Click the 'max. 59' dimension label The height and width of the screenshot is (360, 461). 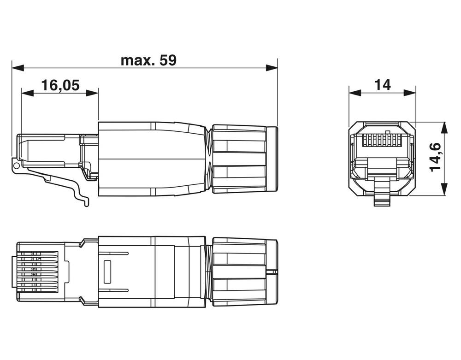click(148, 60)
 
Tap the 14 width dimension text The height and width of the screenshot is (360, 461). click(382, 85)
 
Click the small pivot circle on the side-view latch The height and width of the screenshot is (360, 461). click(17, 165)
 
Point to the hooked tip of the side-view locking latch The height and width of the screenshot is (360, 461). click(86, 203)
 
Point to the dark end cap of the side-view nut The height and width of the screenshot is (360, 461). click(272, 158)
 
